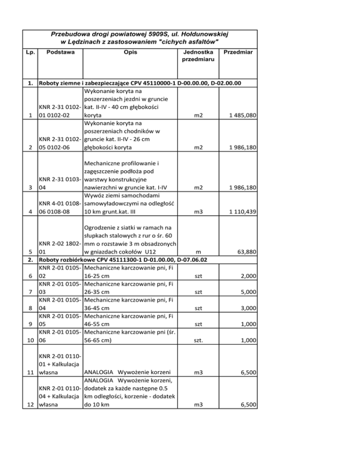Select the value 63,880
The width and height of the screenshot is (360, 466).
(x=245, y=252)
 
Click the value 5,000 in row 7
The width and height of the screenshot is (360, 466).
(x=247, y=292)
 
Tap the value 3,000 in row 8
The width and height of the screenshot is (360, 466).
(x=247, y=308)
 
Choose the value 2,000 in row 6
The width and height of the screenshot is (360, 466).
(x=247, y=276)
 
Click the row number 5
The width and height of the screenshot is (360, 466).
(x=31, y=252)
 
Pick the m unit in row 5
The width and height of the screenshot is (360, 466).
(x=198, y=252)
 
